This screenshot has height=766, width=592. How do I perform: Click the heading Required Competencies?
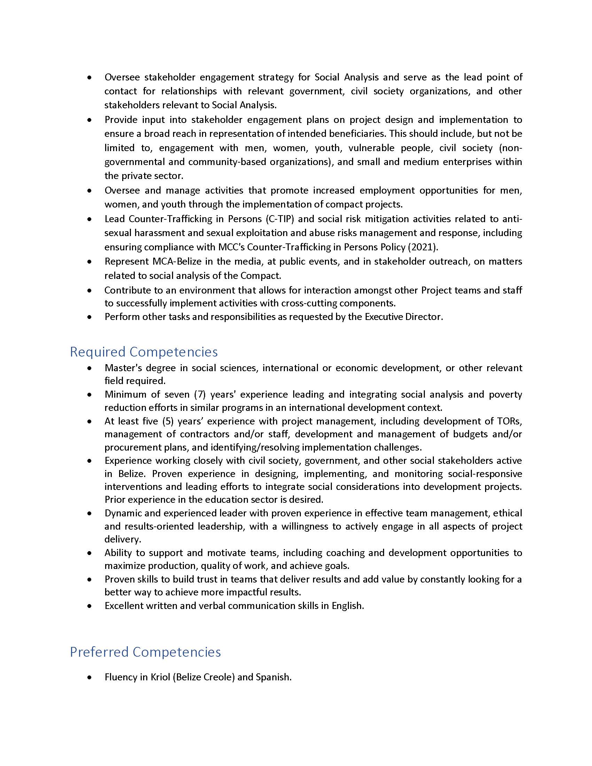(x=144, y=352)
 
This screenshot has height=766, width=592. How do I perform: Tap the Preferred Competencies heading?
(x=145, y=652)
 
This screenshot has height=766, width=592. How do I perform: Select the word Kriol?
(x=160, y=677)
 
